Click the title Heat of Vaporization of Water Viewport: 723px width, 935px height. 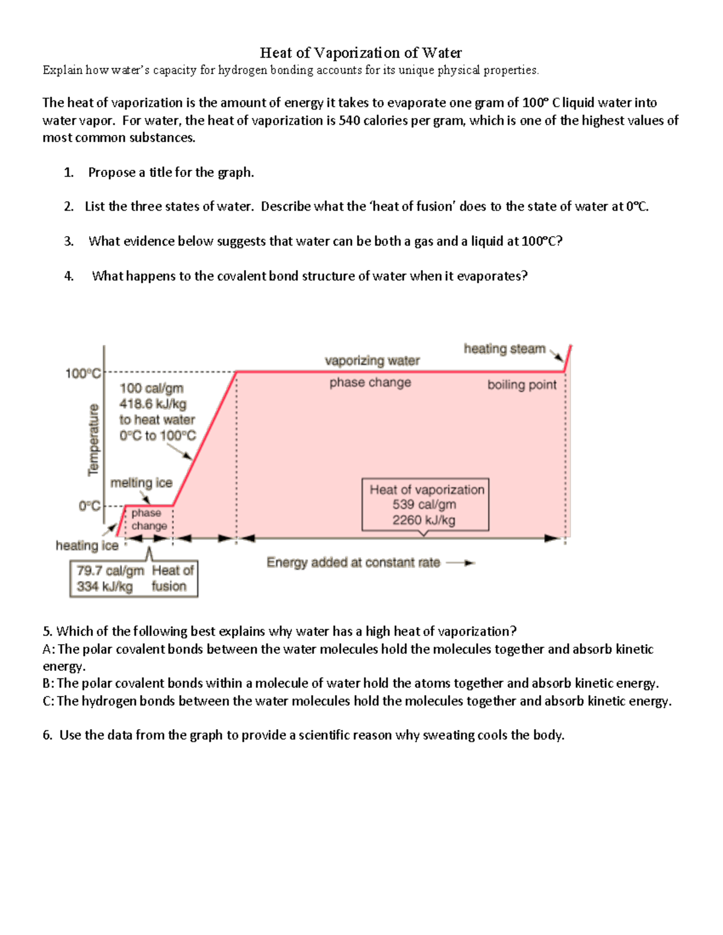pos(360,53)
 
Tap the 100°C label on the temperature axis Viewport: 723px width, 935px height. pos(83,374)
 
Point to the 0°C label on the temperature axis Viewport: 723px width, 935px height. pos(89,506)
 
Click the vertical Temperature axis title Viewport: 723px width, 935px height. pos(93,440)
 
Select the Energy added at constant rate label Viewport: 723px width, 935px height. pos(353,562)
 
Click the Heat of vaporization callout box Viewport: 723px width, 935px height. pos(425,505)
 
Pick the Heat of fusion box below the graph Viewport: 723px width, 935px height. pos(134,579)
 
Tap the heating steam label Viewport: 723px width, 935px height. pos(504,349)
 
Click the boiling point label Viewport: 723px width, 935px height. pos(522,385)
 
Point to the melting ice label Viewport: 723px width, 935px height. pos(141,483)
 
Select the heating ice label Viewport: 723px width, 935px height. pos(87,545)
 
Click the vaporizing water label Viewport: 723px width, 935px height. pos(372,361)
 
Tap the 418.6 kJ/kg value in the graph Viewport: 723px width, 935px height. pos(152,404)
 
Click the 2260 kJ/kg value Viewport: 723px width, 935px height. pos(424,520)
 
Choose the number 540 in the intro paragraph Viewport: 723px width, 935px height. pos(349,120)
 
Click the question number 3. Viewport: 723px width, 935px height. pos(69,241)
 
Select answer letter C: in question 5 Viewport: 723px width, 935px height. pos(49,701)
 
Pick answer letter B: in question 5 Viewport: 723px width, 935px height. pos(49,683)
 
